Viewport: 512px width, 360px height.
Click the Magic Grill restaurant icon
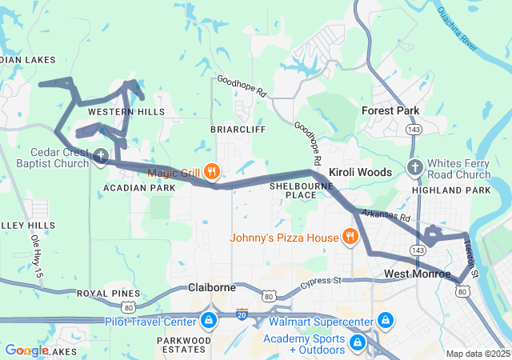coord(212,171)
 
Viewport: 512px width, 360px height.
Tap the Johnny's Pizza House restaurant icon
coord(350,237)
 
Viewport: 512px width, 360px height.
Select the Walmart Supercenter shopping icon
coord(386,322)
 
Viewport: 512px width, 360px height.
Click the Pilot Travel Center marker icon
coord(208,322)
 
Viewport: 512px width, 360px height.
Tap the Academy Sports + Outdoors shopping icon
coord(358,342)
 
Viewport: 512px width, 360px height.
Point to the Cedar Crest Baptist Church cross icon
coord(101,155)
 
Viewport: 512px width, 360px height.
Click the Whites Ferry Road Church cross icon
coord(414,167)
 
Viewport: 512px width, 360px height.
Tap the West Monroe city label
coord(417,274)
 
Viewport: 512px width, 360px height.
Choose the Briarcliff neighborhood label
coord(238,128)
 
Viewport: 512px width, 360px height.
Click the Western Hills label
coord(126,111)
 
